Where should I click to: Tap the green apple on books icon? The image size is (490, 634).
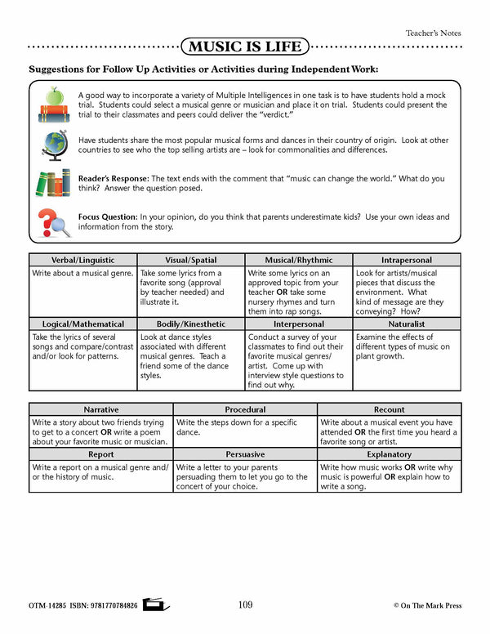(54, 101)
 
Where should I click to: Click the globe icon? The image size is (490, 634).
(54, 145)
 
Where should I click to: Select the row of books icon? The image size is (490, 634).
(54, 182)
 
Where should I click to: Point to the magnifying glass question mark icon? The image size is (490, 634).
(54, 221)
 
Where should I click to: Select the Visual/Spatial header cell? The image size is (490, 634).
(191, 260)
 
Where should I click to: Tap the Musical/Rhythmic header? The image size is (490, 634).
(299, 260)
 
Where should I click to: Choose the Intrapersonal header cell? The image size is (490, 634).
(407, 260)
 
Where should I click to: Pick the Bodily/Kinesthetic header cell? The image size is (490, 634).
(191, 324)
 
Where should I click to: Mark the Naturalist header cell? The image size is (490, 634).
(407, 324)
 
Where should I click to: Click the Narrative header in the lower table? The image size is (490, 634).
(100, 409)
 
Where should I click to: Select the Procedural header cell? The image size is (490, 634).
(245, 409)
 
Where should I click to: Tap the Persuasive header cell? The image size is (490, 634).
(245, 454)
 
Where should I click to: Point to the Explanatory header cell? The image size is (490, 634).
(389, 454)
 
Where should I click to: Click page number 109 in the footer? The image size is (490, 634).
(245, 605)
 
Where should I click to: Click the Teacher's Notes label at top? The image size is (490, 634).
(433, 33)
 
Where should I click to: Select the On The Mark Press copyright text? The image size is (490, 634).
(427, 605)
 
